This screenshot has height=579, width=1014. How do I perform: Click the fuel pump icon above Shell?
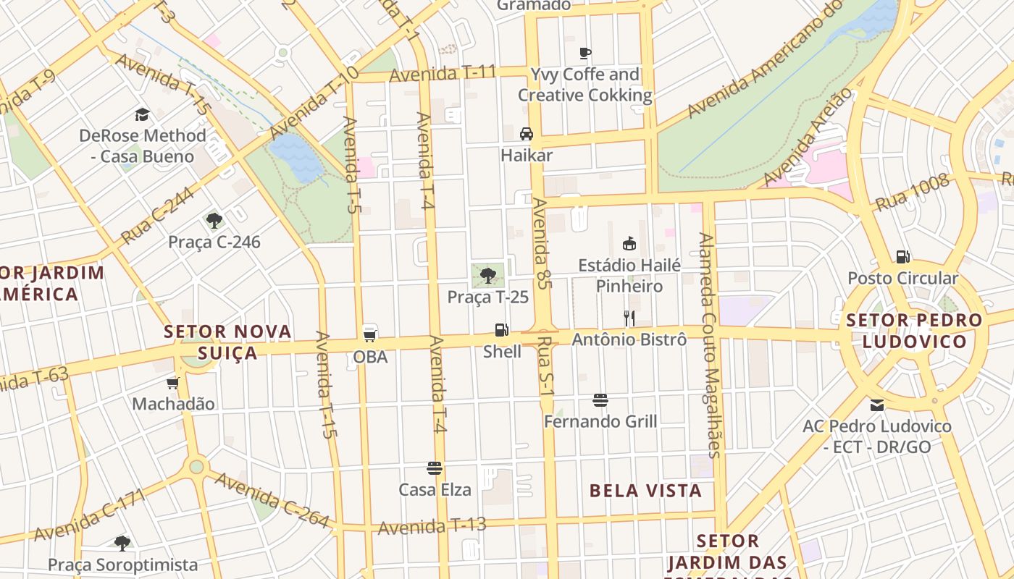pos(501,330)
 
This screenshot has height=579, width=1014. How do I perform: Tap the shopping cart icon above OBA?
pos(370,335)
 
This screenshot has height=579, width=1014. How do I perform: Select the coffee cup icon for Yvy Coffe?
pos(585,53)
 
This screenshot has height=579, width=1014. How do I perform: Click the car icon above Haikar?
pos(527,134)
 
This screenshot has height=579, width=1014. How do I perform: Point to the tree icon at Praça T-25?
pos(488,275)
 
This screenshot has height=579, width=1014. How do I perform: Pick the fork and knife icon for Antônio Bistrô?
pos(629,318)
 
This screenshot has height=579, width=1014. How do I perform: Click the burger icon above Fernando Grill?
pos(600,400)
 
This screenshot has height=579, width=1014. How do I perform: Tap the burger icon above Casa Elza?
pos(435,468)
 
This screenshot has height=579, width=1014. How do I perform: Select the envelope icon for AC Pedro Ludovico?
pos(877,405)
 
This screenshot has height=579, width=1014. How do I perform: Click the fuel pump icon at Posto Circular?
pos(902,257)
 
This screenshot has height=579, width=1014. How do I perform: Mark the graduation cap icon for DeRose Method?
pos(142,114)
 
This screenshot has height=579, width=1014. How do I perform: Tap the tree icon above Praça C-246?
pos(214,220)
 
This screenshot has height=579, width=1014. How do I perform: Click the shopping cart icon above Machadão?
pos(172,383)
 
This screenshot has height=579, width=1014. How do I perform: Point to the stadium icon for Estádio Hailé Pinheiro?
pos(629,244)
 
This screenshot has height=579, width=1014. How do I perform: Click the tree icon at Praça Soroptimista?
pos(122,543)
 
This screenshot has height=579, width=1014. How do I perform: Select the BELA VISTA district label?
pos(645,491)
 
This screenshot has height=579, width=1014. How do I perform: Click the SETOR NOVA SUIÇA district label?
pos(227,342)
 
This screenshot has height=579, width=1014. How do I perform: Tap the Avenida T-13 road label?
pos(432,526)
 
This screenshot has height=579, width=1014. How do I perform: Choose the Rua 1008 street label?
pos(912,193)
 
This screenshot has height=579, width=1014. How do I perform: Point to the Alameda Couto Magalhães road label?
pos(709,345)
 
